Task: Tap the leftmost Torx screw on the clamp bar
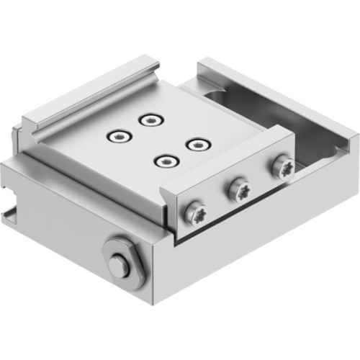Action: (x=196, y=213)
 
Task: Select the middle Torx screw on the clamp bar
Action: (x=238, y=190)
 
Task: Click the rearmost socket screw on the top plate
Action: (x=150, y=119)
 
